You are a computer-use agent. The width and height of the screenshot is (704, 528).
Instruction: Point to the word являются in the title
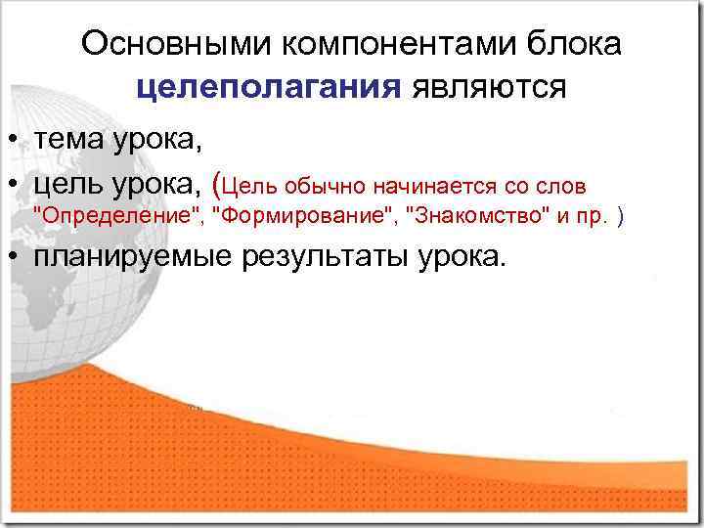tap(488, 88)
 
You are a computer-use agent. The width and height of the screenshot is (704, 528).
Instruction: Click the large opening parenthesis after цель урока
tap(217, 183)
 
